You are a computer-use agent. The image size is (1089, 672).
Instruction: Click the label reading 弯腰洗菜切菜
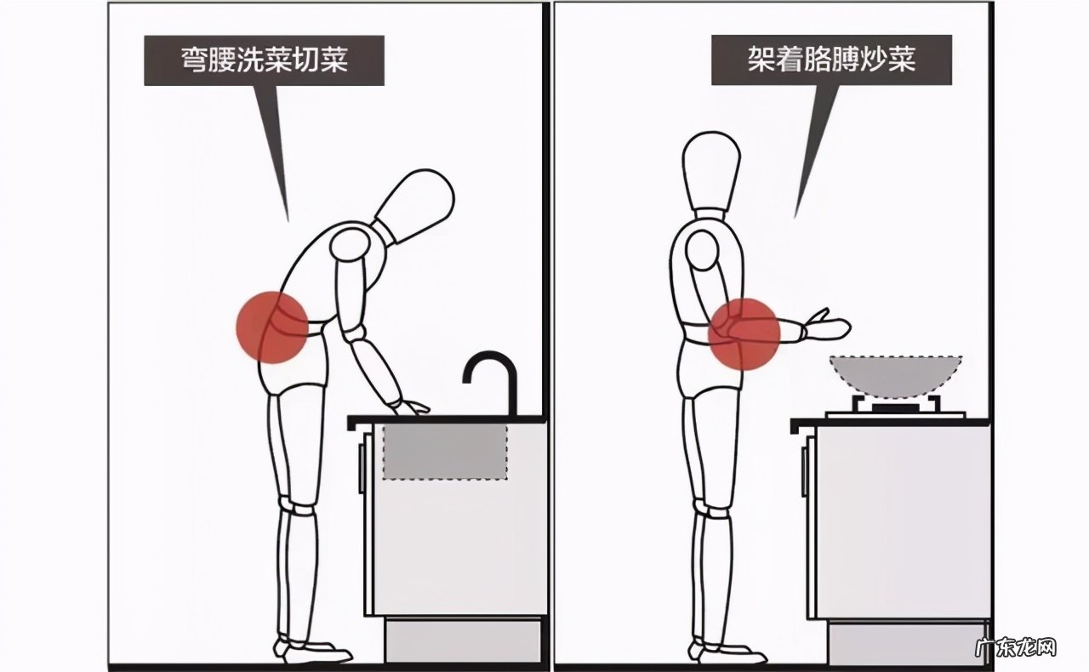264,60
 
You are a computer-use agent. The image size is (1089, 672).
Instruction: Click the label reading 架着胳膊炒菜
830,60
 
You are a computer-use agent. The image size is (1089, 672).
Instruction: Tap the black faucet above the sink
493,378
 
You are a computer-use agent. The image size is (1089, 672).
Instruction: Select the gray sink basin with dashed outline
444,451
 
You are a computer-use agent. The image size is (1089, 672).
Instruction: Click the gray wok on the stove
895,375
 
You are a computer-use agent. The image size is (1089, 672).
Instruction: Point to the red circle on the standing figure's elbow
744,333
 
